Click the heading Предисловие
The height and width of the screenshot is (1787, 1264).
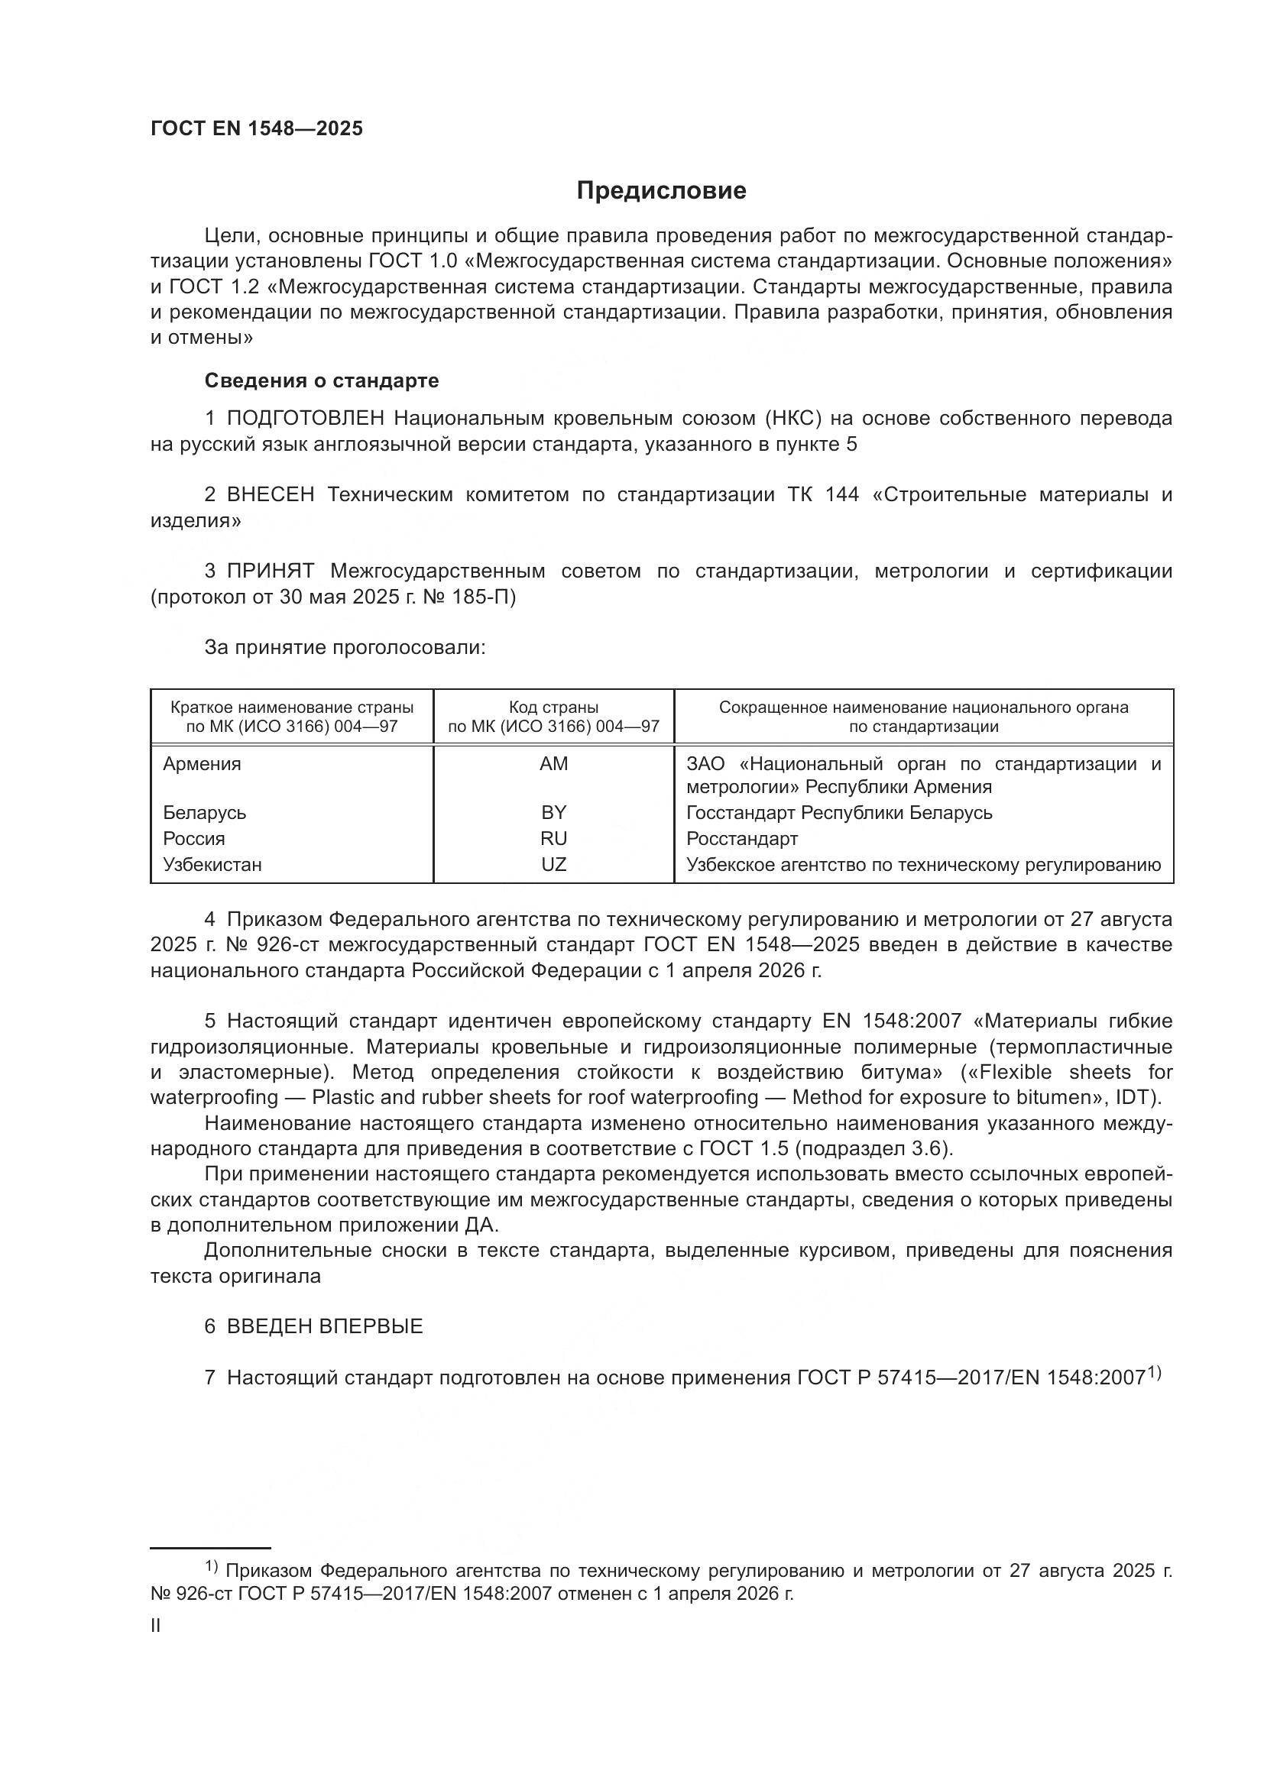(661, 191)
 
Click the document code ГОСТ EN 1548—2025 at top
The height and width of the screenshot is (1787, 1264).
(257, 129)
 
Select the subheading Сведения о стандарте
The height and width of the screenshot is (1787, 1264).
(322, 380)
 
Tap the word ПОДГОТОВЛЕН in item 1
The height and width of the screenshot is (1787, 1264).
(305, 419)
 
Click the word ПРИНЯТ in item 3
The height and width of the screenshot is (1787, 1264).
(270, 571)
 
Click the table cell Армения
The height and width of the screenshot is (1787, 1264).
(203, 764)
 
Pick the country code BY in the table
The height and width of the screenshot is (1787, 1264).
(553, 813)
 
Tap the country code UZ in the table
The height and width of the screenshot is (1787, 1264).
(553, 865)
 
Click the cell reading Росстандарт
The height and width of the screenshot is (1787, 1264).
(742, 839)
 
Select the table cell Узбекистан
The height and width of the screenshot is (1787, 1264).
(212, 865)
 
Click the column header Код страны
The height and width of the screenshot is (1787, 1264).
(553, 707)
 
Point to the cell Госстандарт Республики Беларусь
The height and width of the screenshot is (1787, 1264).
(839, 813)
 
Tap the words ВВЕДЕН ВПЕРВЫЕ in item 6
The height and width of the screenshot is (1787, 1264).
(325, 1327)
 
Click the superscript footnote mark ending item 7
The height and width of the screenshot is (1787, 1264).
(1154, 1374)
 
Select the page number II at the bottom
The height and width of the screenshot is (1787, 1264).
(156, 1625)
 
